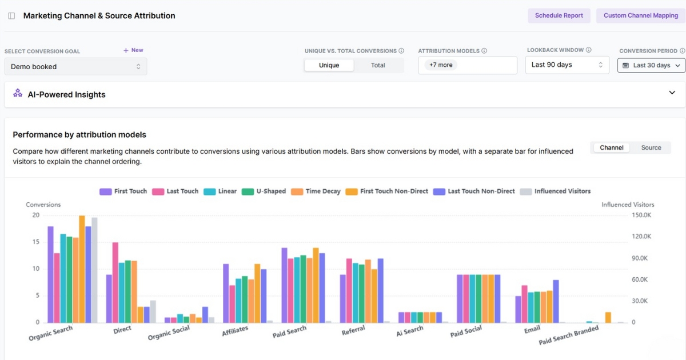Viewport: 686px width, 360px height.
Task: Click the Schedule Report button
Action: (x=559, y=15)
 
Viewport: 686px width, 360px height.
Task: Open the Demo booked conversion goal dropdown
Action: (x=75, y=67)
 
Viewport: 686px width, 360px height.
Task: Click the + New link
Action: (x=133, y=50)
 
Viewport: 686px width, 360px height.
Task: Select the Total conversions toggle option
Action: (x=378, y=65)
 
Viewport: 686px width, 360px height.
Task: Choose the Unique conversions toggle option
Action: (x=329, y=65)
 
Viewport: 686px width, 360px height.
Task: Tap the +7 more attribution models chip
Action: (x=441, y=65)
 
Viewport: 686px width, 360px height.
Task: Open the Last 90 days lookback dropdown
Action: (x=567, y=65)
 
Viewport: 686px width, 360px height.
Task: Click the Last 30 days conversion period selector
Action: (x=651, y=65)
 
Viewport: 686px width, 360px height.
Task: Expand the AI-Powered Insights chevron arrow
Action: (x=672, y=93)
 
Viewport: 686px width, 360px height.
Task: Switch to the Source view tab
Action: (x=651, y=147)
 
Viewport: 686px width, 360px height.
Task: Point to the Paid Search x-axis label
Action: (x=290, y=331)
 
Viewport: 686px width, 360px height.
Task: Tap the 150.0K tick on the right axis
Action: (x=641, y=215)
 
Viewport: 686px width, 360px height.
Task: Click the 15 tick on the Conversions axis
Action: (x=36, y=242)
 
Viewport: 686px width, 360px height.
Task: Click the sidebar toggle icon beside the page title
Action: (x=11, y=16)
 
